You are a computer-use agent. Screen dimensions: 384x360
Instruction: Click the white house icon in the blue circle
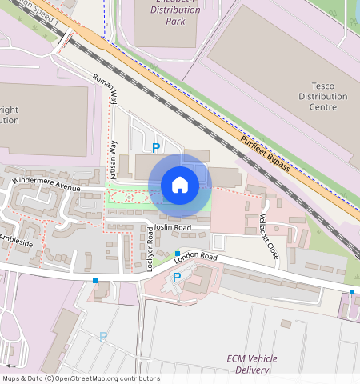pyautogui.click(x=180, y=185)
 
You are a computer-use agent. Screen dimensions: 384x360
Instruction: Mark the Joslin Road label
pyautogui.click(x=173, y=227)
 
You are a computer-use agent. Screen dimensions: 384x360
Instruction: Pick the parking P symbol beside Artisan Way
pyautogui.click(x=156, y=146)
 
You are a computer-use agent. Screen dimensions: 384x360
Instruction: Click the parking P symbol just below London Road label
pyautogui.click(x=177, y=277)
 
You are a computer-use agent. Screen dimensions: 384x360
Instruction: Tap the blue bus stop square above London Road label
pyautogui.click(x=178, y=254)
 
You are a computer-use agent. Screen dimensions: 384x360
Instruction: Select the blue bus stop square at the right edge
pyautogui.click(x=352, y=291)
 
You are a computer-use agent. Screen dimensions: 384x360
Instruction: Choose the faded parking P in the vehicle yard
pyautogui.click(x=102, y=337)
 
